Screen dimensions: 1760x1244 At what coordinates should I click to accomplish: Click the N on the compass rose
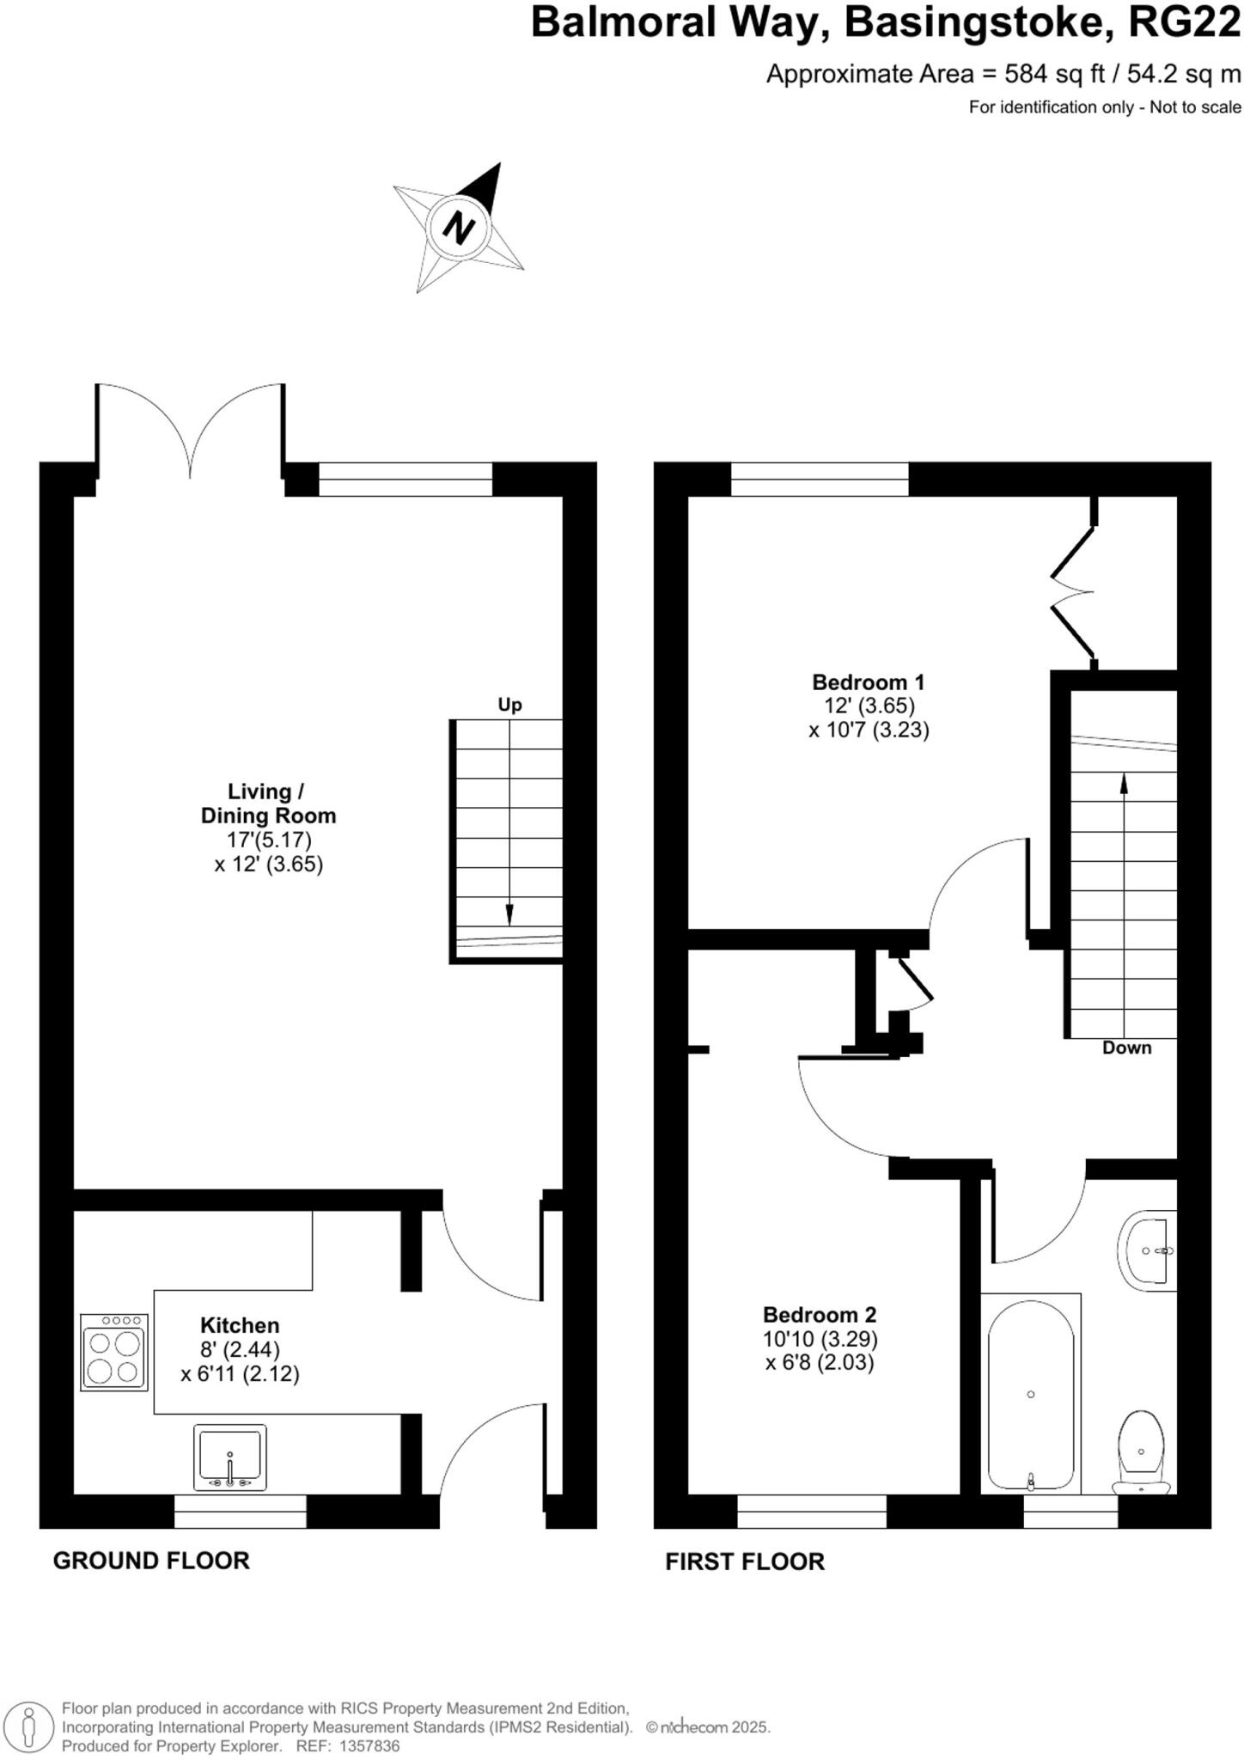click(x=459, y=227)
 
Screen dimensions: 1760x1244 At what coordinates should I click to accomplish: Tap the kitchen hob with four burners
click(x=114, y=1352)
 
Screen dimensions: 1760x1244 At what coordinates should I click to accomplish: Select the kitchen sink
click(x=229, y=1457)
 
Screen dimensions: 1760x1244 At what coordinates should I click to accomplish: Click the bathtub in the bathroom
click(x=1030, y=1394)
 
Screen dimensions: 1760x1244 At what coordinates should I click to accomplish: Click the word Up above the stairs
click(x=509, y=705)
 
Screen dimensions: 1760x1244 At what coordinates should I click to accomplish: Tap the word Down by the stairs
click(x=1126, y=1048)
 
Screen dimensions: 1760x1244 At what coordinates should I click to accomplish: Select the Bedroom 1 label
click(x=868, y=682)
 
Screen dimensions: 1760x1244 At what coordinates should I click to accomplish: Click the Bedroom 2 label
click(x=819, y=1315)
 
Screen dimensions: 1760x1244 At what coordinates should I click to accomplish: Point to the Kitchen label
click(x=240, y=1325)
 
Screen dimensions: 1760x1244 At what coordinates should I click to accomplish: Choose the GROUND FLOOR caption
click(x=151, y=1560)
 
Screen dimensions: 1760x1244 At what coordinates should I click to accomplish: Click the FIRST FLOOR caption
click(x=745, y=1561)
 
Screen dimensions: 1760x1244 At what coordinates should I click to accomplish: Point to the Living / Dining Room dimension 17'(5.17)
click(x=268, y=839)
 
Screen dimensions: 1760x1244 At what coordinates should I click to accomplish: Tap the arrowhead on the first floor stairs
click(x=1124, y=784)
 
